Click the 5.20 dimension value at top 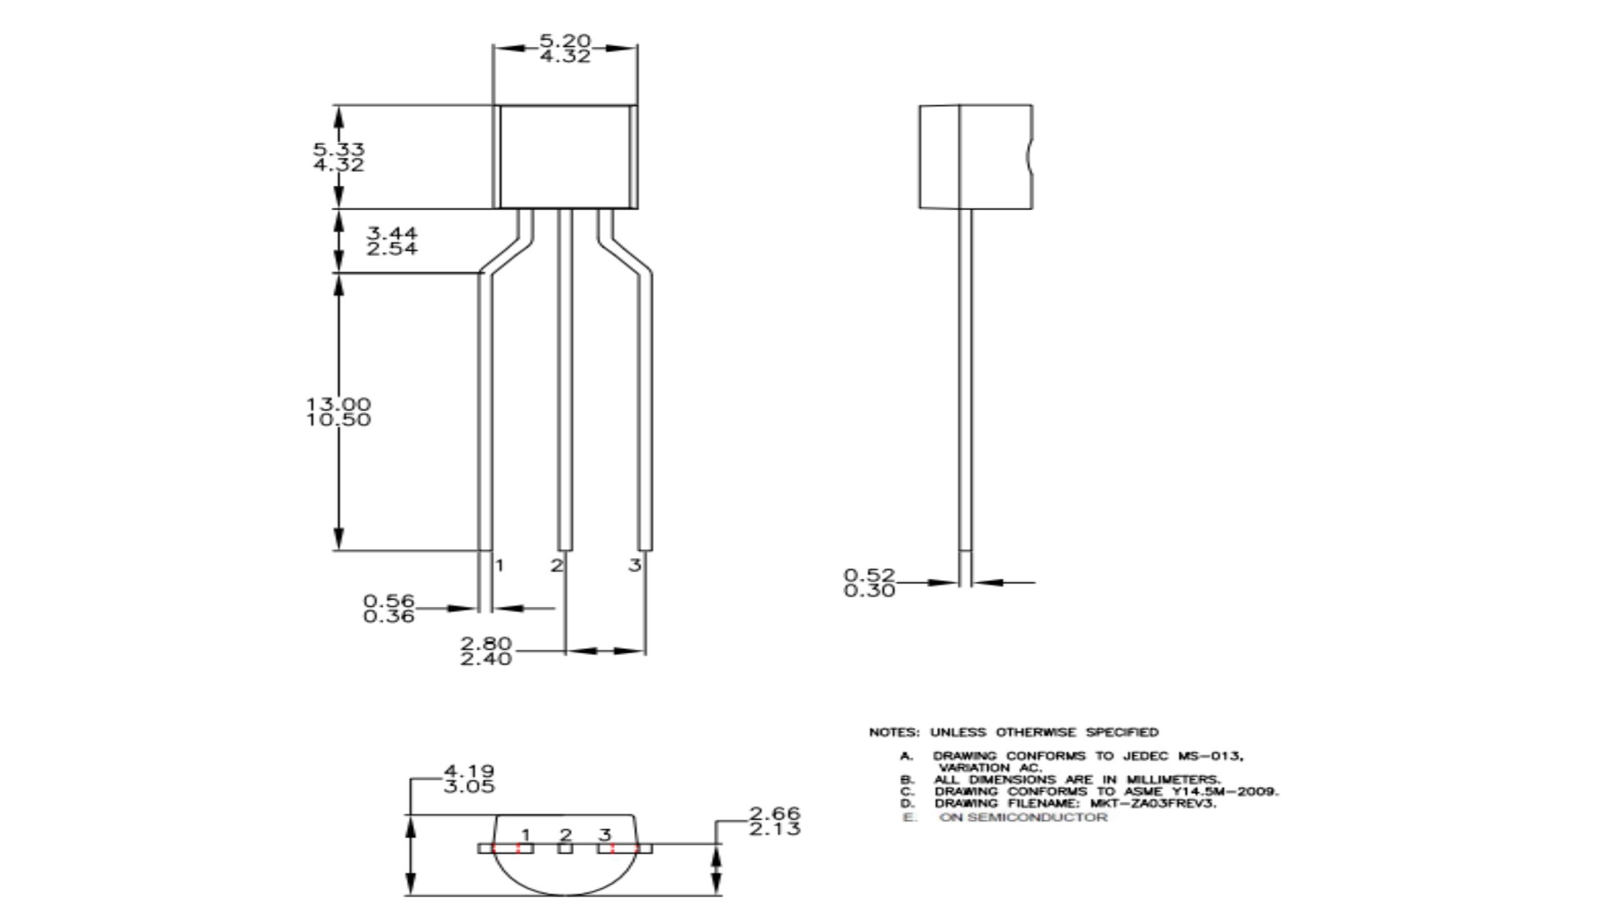point(565,41)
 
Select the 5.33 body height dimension point(339,150)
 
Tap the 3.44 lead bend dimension point(392,233)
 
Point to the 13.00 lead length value point(339,404)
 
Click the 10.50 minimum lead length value point(339,420)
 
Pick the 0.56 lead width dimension point(389,601)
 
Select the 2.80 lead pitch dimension point(486,643)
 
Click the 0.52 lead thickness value point(869,574)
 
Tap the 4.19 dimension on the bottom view point(469,771)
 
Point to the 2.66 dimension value point(775,813)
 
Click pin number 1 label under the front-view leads point(499,566)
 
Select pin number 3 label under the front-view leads point(635,566)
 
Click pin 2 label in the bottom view point(566,835)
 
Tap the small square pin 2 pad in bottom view point(565,848)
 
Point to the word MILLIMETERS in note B point(1173,780)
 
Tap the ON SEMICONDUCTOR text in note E point(1023,817)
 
